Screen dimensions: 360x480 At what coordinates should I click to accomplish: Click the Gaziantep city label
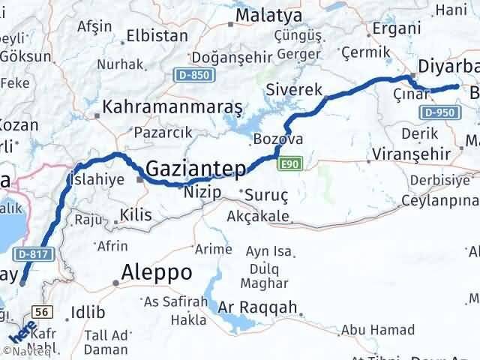pos(195,169)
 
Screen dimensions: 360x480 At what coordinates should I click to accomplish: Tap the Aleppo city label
pos(157,271)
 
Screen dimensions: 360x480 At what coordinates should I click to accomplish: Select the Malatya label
pos(268,15)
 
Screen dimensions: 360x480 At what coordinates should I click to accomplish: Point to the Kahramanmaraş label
pos(173,107)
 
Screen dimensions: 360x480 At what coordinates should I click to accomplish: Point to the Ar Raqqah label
pos(258,307)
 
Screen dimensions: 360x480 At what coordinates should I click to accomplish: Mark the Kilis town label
pos(136,215)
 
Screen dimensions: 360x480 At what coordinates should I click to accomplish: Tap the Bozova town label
pos(278,139)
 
